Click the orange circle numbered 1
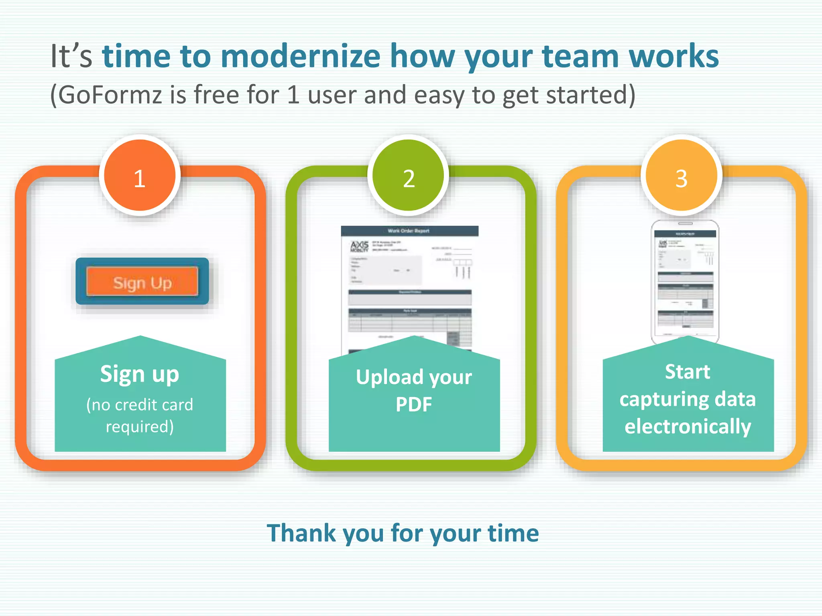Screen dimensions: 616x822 (x=140, y=176)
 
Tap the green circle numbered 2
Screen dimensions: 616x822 (x=409, y=176)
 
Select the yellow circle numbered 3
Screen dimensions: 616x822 (x=682, y=176)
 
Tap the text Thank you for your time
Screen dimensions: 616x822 (x=403, y=533)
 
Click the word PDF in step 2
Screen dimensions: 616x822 (x=414, y=404)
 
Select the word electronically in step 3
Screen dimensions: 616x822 (x=688, y=426)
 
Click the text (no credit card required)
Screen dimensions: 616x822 (x=140, y=415)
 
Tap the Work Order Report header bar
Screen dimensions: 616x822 (x=409, y=231)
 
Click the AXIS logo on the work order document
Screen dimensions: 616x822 (x=359, y=246)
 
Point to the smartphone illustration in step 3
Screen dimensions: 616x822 (x=685, y=281)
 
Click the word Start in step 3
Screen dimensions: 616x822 (x=688, y=372)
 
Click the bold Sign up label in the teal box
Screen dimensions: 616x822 (x=140, y=374)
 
